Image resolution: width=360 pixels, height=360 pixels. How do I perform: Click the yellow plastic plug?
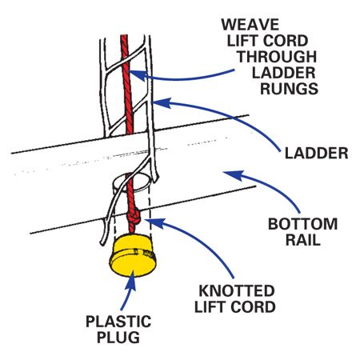(133, 255)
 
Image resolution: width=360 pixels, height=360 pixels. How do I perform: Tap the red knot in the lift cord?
(134, 216)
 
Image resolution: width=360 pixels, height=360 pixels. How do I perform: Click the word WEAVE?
(250, 25)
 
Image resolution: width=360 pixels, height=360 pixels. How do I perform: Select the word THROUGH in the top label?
(277, 57)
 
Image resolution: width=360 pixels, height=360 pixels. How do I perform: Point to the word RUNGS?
(289, 89)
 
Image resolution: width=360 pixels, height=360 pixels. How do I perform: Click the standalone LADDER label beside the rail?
(317, 154)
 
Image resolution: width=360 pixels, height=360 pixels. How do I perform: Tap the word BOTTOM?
(302, 224)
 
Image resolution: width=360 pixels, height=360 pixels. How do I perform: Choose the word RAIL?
(303, 240)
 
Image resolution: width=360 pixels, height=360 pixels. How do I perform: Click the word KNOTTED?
(237, 291)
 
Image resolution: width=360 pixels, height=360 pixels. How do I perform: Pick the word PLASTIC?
(118, 322)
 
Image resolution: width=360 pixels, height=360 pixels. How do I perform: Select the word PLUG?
(118, 338)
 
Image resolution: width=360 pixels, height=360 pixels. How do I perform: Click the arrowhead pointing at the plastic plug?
(130, 280)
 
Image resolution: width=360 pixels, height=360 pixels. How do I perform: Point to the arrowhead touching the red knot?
(154, 222)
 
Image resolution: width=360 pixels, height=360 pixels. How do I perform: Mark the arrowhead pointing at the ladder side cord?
(162, 102)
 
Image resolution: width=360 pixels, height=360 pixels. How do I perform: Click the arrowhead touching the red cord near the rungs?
(138, 74)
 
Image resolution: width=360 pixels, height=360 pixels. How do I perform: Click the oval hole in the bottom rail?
(131, 182)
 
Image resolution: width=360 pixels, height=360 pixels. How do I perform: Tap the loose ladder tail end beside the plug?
(102, 242)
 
